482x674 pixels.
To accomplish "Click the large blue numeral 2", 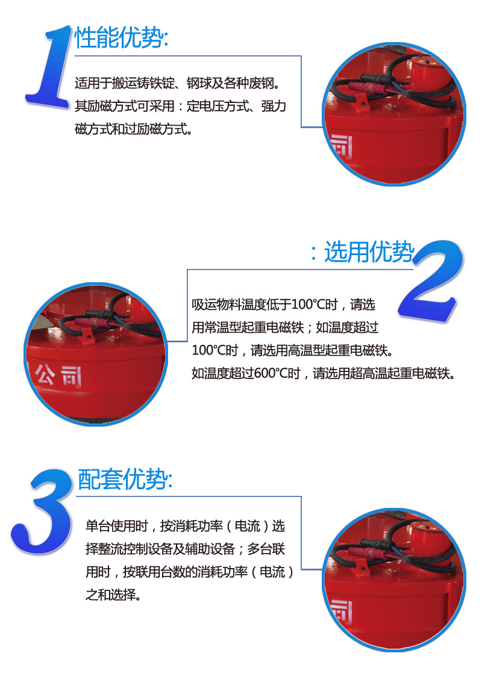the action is pyautogui.click(x=431, y=281).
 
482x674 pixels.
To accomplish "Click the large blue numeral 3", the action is pyautogui.click(x=42, y=512).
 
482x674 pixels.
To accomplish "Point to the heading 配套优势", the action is pyautogui.click(x=125, y=479).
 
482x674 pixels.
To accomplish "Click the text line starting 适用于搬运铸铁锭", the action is pyautogui.click(x=178, y=83).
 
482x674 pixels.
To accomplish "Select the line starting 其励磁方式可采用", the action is pyautogui.click(x=180, y=106).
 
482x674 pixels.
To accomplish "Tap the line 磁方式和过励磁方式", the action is pyautogui.click(x=133, y=129).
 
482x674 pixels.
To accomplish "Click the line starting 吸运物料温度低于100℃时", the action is pyautogui.click(x=284, y=305).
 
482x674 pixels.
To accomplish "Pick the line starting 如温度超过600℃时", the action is pyautogui.click(x=323, y=373).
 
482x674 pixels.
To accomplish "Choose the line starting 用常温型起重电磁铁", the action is pyautogui.click(x=285, y=327).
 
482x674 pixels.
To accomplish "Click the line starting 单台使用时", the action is pyautogui.click(x=186, y=526).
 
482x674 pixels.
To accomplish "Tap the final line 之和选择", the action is pyautogui.click(x=113, y=595).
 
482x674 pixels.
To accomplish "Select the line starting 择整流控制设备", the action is pyautogui.click(x=186, y=549).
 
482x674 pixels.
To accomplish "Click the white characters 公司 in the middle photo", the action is pyautogui.click(x=58, y=376).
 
